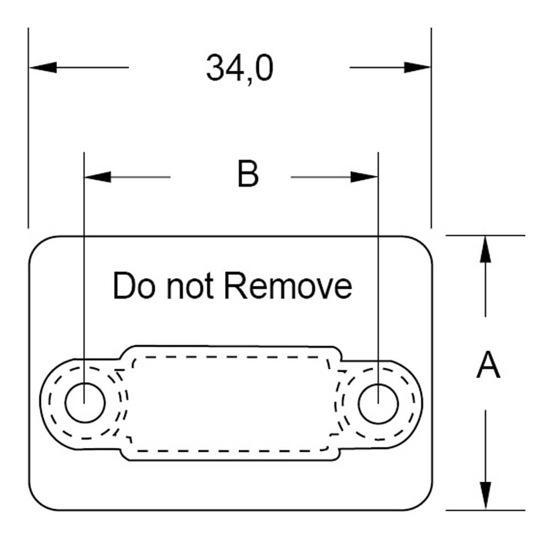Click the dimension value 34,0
click(x=239, y=69)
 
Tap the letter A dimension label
click(x=488, y=366)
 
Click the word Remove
click(x=289, y=286)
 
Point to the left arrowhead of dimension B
click(x=97, y=177)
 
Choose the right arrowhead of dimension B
click(x=364, y=177)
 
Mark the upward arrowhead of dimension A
click(x=485, y=249)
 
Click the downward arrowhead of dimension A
click(x=485, y=495)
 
